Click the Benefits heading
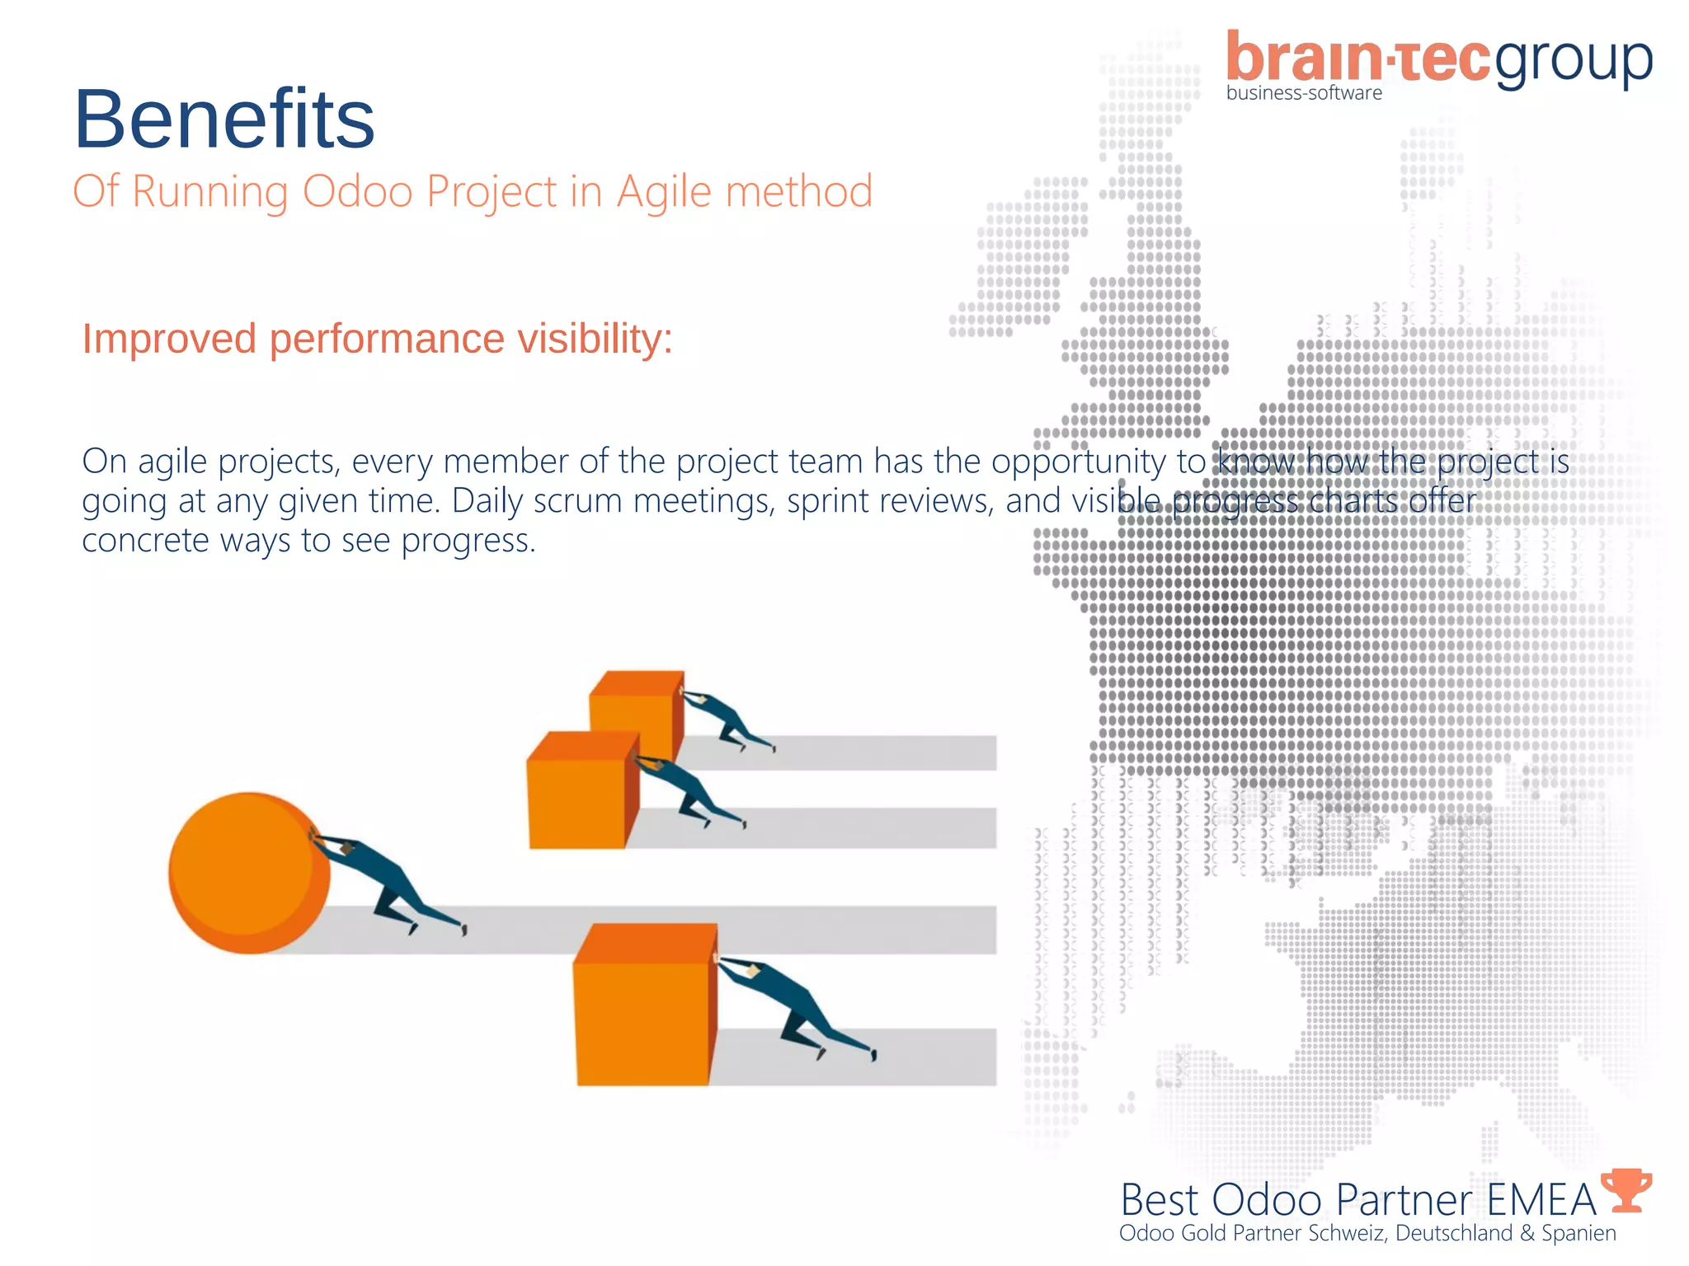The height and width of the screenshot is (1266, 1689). pos(224,120)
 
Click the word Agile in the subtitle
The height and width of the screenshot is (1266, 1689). pos(663,192)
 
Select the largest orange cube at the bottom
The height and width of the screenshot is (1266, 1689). pos(643,1006)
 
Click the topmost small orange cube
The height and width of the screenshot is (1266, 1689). pos(635,701)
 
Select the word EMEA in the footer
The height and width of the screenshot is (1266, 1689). pos(1541,1200)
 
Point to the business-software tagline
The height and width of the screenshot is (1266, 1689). pos(1304,93)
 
